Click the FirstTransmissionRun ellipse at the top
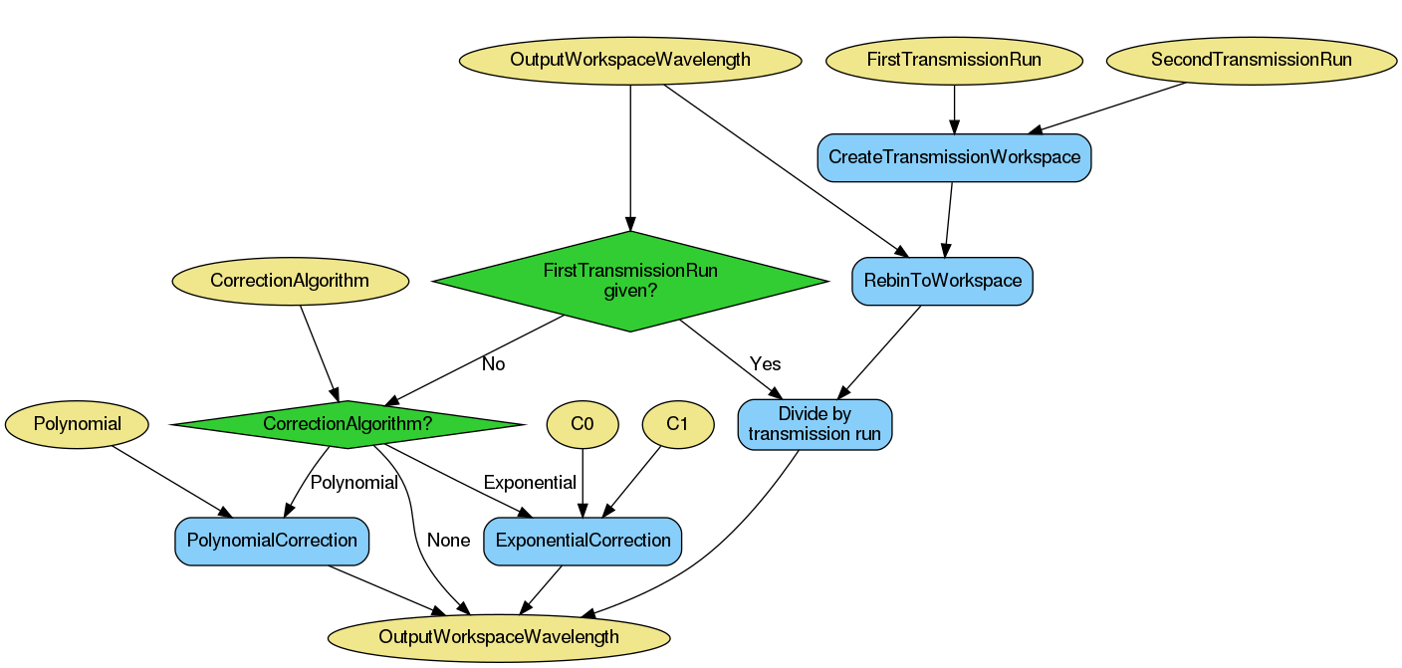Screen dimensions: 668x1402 (954, 60)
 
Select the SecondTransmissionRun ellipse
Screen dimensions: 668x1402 (1251, 60)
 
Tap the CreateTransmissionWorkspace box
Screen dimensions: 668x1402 (954, 157)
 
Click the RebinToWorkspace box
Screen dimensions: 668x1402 (942, 281)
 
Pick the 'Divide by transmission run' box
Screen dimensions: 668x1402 (815, 424)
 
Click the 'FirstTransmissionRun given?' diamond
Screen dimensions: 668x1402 (630, 281)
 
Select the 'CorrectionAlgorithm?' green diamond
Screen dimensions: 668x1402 (348, 424)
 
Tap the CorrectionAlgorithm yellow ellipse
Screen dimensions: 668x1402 (290, 281)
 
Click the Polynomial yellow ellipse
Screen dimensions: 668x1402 (77, 424)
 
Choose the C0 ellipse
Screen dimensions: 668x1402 (583, 424)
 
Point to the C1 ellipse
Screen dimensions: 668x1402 (677, 424)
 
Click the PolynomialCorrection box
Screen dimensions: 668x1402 (272, 541)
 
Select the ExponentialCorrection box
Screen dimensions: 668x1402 (583, 541)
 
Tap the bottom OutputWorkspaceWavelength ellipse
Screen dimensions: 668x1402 (499, 637)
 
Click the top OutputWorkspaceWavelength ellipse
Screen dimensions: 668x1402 (630, 60)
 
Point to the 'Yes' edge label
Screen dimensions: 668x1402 (765, 364)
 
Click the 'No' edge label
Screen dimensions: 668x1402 (493, 364)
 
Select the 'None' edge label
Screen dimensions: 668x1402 (448, 541)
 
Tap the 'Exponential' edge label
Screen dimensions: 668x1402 (530, 483)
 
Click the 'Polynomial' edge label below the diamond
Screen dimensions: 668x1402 (353, 483)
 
